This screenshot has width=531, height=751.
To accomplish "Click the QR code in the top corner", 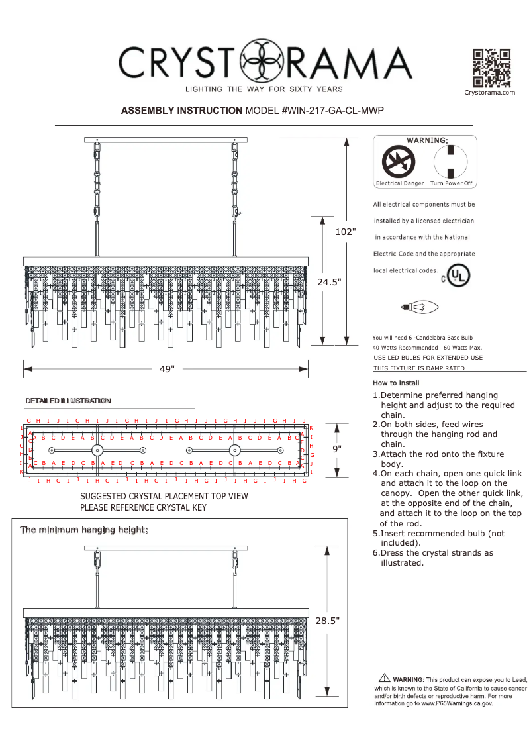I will [491, 68].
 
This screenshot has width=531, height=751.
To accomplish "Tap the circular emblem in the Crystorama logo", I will [263, 62].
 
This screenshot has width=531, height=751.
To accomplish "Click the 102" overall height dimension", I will [345, 232].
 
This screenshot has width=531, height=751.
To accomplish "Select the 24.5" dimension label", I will [329, 282].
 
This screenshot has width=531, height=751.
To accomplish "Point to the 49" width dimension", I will [167, 369].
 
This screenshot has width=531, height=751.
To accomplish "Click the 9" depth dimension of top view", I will [337, 448].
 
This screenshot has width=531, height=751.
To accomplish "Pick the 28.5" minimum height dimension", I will [328, 621].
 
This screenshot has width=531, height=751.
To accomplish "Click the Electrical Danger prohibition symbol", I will [399, 162].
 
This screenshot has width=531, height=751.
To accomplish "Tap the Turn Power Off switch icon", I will [451, 162].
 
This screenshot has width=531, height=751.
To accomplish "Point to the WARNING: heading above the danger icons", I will [427, 140].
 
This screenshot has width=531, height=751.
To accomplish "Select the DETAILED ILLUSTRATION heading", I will [68, 401].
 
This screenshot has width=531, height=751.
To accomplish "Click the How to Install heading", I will [396, 383].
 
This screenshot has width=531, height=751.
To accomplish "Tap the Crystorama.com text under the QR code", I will [490, 93].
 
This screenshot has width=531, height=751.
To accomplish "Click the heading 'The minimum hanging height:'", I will [84, 530].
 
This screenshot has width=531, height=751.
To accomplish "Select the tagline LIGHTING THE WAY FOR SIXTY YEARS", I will [264, 89].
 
